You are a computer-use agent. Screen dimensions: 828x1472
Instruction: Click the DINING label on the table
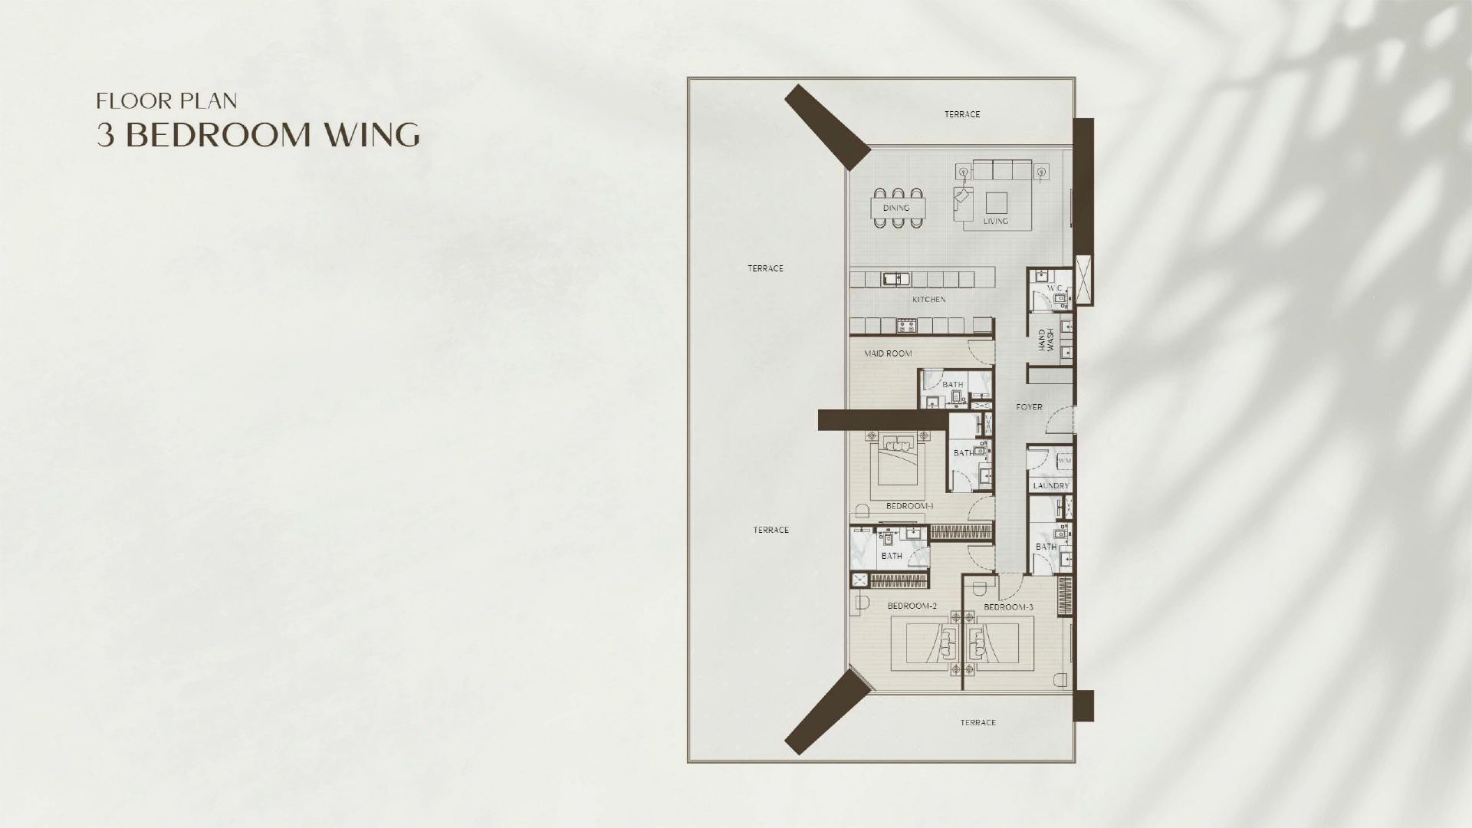pyautogui.click(x=896, y=208)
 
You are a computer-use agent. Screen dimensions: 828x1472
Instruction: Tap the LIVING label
pyautogui.click(x=996, y=222)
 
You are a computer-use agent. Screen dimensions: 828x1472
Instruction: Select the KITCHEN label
pyautogui.click(x=928, y=300)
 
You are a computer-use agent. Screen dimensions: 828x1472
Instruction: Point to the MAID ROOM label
pyautogui.click(x=888, y=353)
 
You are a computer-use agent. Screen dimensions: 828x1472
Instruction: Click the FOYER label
pyautogui.click(x=1029, y=407)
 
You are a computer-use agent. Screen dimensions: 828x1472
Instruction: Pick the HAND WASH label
pyautogui.click(x=1046, y=340)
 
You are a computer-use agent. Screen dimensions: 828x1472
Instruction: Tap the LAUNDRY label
pyautogui.click(x=1050, y=486)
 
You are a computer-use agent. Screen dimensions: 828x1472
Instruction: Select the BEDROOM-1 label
pyautogui.click(x=909, y=506)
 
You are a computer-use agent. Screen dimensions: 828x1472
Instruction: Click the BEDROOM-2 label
pyautogui.click(x=912, y=606)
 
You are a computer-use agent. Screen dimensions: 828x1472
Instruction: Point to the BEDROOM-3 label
pyautogui.click(x=1008, y=607)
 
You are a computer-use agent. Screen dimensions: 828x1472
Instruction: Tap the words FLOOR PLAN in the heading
pyautogui.click(x=166, y=100)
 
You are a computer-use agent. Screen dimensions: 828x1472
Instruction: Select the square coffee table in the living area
pyautogui.click(x=997, y=203)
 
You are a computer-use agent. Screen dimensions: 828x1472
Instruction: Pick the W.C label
pyautogui.click(x=1055, y=288)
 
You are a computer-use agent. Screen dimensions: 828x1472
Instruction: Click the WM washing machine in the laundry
pyautogui.click(x=1064, y=461)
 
